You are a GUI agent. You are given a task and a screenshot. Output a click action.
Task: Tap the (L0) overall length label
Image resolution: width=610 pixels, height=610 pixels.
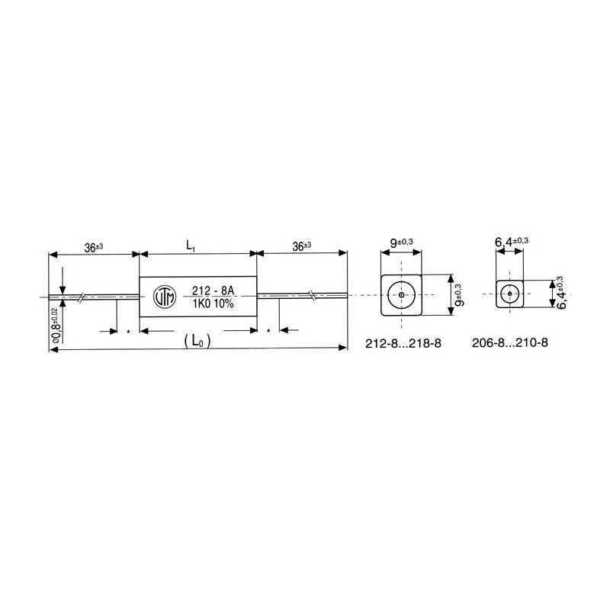click(197, 342)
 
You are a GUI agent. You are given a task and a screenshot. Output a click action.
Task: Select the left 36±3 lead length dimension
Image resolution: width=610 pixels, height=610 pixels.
click(94, 246)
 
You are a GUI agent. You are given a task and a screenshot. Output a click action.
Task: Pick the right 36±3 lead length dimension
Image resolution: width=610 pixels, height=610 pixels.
click(303, 246)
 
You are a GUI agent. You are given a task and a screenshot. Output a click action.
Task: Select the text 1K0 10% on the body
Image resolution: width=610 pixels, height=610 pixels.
click(208, 303)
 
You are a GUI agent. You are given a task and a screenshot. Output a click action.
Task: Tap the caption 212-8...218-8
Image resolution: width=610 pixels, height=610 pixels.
click(404, 343)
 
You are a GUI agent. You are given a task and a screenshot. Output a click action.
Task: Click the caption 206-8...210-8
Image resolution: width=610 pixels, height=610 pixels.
click(511, 343)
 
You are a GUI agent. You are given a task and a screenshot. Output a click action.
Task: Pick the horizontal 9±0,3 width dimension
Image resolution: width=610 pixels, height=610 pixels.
click(402, 243)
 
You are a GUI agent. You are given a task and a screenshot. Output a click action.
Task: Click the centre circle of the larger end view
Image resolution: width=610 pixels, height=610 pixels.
click(400, 294)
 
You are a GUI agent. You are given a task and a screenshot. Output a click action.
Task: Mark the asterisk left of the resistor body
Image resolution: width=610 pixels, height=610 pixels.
click(127, 332)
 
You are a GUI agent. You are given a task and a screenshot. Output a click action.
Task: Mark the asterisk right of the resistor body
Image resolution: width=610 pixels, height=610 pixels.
click(269, 332)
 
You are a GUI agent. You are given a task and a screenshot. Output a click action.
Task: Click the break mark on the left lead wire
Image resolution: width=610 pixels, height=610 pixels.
click(81, 295)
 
